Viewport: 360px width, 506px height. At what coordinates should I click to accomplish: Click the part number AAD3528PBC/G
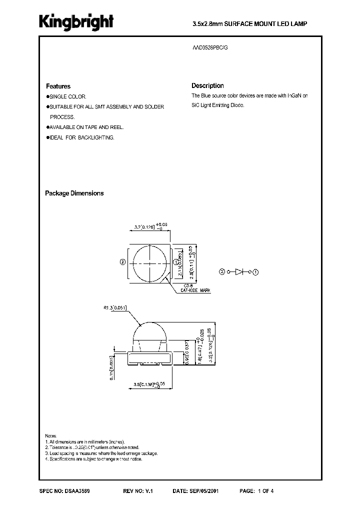212,46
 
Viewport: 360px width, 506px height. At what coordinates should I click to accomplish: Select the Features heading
58,86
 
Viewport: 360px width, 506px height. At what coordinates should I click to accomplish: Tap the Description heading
207,85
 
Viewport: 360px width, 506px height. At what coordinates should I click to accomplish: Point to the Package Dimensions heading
74,193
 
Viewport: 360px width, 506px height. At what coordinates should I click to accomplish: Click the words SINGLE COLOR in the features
67,96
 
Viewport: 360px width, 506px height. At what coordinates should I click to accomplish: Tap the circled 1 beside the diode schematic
256,272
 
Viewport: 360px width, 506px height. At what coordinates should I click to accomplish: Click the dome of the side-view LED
150,330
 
